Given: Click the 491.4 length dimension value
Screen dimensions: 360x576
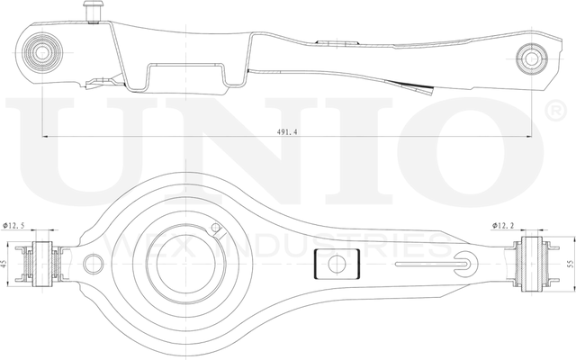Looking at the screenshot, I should coord(289,131).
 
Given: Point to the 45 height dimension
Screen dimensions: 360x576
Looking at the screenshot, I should coord(6,265).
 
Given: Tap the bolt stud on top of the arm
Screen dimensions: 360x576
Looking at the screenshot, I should coord(89,10).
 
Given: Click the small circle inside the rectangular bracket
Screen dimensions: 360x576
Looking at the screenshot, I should coord(337,265).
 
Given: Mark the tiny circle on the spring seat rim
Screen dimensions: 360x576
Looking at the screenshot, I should coord(215,228).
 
